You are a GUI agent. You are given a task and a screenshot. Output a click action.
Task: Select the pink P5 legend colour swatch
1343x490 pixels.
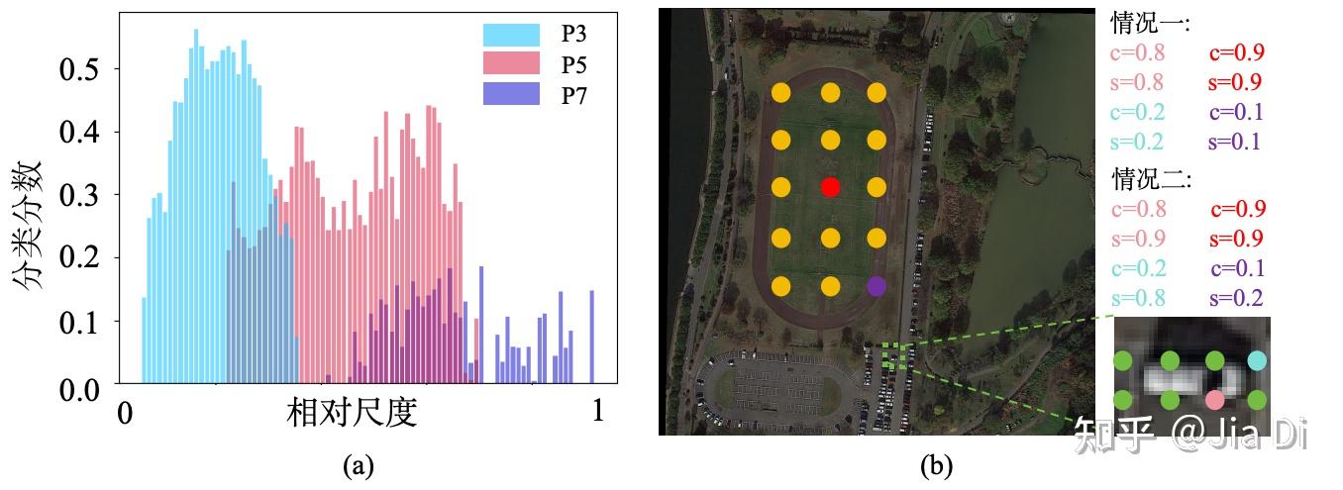(x=511, y=65)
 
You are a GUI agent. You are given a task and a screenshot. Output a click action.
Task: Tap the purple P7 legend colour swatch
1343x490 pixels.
(x=511, y=95)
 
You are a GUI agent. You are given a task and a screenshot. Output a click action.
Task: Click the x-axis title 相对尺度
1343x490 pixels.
(x=352, y=412)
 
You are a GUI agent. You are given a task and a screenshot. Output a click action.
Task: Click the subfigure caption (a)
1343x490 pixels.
(x=358, y=464)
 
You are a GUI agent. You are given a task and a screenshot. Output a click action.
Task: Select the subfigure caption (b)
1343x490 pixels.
(x=936, y=464)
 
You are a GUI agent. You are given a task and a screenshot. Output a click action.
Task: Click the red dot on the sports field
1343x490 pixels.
(x=830, y=187)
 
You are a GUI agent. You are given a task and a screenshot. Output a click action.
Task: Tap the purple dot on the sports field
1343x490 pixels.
(x=876, y=286)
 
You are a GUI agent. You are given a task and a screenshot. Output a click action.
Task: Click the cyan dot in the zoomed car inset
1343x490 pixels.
(x=1258, y=359)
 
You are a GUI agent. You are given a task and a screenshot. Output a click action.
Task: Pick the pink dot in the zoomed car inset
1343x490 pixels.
(x=1214, y=400)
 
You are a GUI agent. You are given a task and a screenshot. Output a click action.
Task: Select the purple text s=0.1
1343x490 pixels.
(x=1234, y=142)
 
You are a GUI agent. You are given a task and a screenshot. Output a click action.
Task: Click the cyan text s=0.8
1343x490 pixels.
(x=1138, y=298)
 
